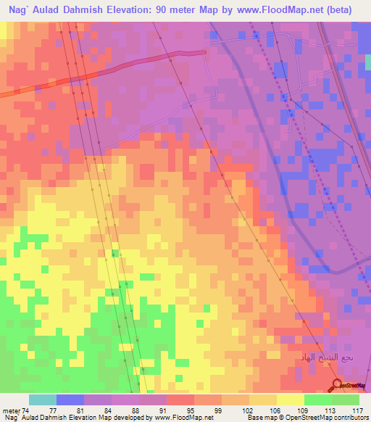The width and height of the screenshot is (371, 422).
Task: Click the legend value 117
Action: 356,410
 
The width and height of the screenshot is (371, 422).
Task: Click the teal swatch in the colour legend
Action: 43,400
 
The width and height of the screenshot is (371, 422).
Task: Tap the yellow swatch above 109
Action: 291,400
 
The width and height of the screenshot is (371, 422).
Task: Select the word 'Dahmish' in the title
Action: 85,9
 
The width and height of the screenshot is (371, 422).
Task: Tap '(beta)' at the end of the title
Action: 347,9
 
